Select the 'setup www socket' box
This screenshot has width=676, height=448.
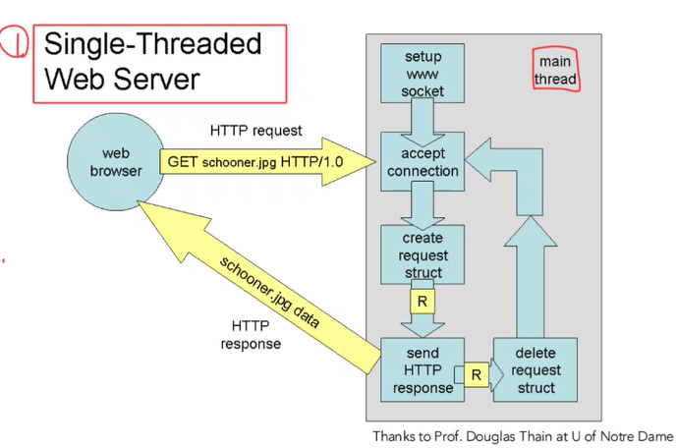tap(422, 75)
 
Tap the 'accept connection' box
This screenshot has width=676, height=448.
tap(422, 162)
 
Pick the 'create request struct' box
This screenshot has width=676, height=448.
tap(422, 254)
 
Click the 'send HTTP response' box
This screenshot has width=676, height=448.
tap(422, 368)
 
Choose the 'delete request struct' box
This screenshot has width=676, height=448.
tap(535, 370)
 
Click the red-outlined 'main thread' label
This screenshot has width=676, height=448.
tap(555, 71)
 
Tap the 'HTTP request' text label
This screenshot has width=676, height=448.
tap(255, 130)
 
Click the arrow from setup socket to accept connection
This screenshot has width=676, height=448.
tap(422, 120)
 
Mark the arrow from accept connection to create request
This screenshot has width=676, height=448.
tap(422, 204)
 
